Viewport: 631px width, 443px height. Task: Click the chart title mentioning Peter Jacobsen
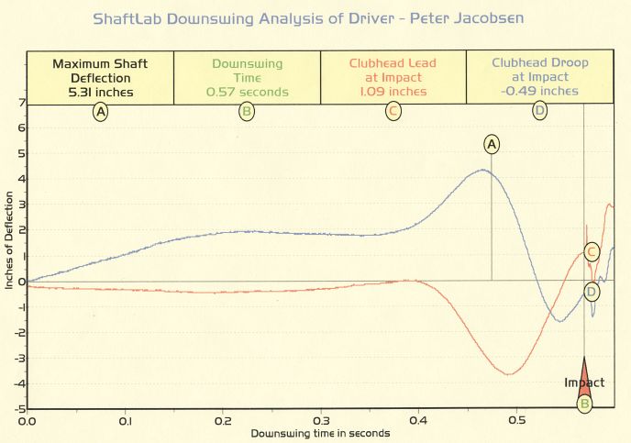315,19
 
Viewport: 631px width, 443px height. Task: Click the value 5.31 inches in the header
100,92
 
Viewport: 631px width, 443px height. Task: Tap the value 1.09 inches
393,92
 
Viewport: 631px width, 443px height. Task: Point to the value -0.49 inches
540,91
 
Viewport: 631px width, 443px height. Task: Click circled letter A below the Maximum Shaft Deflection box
100,112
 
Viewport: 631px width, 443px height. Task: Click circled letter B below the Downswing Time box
246,112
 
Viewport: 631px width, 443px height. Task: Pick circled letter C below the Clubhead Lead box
393,112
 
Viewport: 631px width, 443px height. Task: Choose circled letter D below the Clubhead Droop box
540,112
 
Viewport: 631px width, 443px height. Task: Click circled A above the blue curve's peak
492,144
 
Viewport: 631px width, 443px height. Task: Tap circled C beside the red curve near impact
592,251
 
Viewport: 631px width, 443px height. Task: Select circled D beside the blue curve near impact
592,292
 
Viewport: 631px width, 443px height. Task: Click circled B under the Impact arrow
584,403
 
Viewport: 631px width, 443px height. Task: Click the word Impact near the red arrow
583,382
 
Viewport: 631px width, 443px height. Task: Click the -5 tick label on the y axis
18,409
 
